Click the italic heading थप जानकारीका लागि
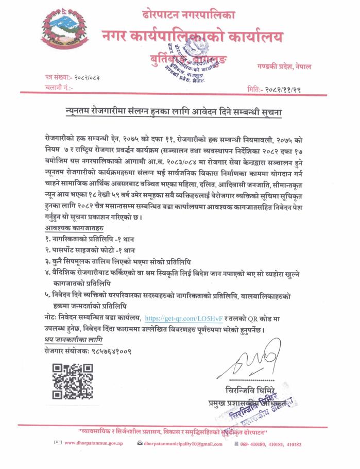(73, 340)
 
